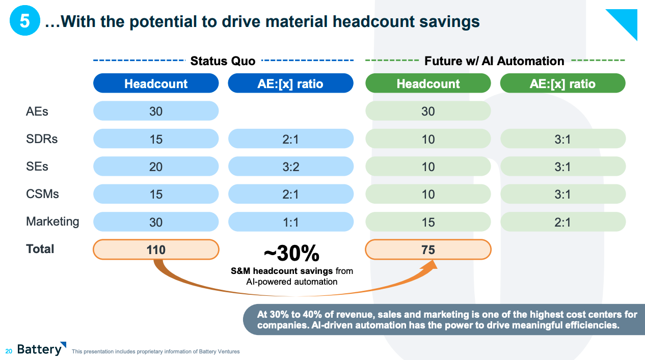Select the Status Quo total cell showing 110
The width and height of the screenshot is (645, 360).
pyautogui.click(x=156, y=250)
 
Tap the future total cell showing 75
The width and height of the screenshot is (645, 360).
pyautogui.click(x=428, y=250)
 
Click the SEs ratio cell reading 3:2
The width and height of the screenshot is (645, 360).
pyautogui.click(x=290, y=167)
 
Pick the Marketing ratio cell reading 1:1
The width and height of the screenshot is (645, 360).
pyautogui.click(x=290, y=222)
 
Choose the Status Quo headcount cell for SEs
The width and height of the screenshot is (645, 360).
pyautogui.click(x=156, y=167)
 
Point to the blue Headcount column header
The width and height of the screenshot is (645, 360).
pyautogui.click(x=156, y=84)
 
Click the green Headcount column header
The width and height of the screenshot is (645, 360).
pyautogui.click(x=428, y=84)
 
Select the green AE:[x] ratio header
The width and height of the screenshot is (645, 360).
pyautogui.click(x=562, y=84)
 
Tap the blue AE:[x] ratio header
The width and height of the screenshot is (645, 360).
pyautogui.click(x=290, y=84)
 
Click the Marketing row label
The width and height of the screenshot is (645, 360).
pyautogui.click(x=52, y=221)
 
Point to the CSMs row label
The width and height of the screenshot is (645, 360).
pyautogui.click(x=42, y=194)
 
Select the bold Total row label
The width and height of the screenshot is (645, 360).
pyautogui.click(x=40, y=249)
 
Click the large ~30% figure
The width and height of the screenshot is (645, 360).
pyautogui.click(x=291, y=253)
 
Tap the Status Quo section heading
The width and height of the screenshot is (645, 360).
pyautogui.click(x=223, y=61)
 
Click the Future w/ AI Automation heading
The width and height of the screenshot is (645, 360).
pyautogui.click(x=494, y=61)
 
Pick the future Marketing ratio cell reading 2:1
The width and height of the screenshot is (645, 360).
pyautogui.click(x=562, y=222)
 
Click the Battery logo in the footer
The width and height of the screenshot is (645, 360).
pyautogui.click(x=41, y=349)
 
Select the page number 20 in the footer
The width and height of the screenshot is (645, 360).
pyautogui.click(x=9, y=351)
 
